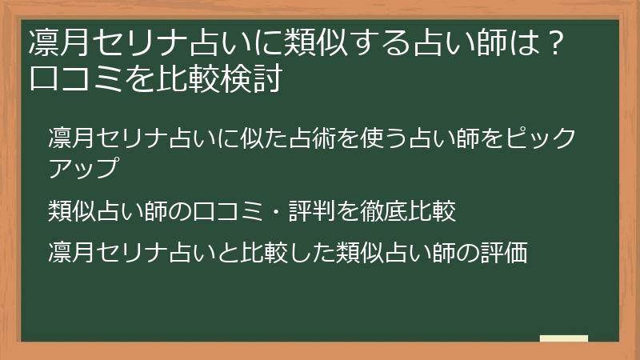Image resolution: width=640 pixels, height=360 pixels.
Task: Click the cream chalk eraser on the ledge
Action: click(564, 339)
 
